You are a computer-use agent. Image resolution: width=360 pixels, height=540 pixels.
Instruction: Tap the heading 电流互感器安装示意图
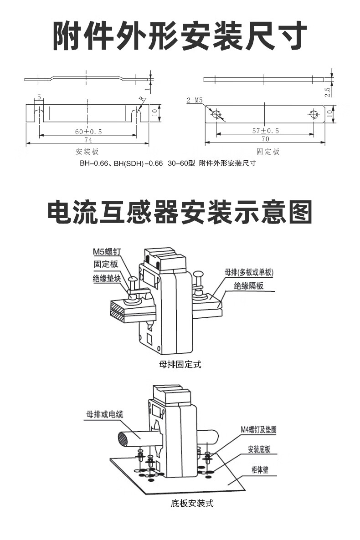point(180,212)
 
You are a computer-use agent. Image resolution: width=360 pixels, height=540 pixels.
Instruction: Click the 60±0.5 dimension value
point(88,132)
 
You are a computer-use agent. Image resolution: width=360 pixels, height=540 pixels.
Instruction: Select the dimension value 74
point(87,140)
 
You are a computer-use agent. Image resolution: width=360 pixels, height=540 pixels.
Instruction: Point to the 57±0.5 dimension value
point(265,131)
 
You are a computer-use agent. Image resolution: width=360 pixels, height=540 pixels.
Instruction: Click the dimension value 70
point(265,139)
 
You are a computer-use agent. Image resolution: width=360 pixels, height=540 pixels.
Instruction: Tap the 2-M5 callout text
point(195,100)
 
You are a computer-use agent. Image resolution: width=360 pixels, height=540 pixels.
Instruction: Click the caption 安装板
point(87,152)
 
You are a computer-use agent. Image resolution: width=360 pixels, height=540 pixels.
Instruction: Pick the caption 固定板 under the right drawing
point(267,152)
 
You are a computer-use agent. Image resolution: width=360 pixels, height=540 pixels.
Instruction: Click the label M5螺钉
point(106,252)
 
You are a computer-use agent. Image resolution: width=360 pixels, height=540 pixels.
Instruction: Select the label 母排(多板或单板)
point(248,273)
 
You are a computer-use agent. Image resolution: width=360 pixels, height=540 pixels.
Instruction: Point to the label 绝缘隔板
point(248,286)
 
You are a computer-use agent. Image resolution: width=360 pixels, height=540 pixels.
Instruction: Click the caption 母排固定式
point(180,364)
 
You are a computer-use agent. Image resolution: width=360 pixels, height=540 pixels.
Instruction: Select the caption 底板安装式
point(192,504)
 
